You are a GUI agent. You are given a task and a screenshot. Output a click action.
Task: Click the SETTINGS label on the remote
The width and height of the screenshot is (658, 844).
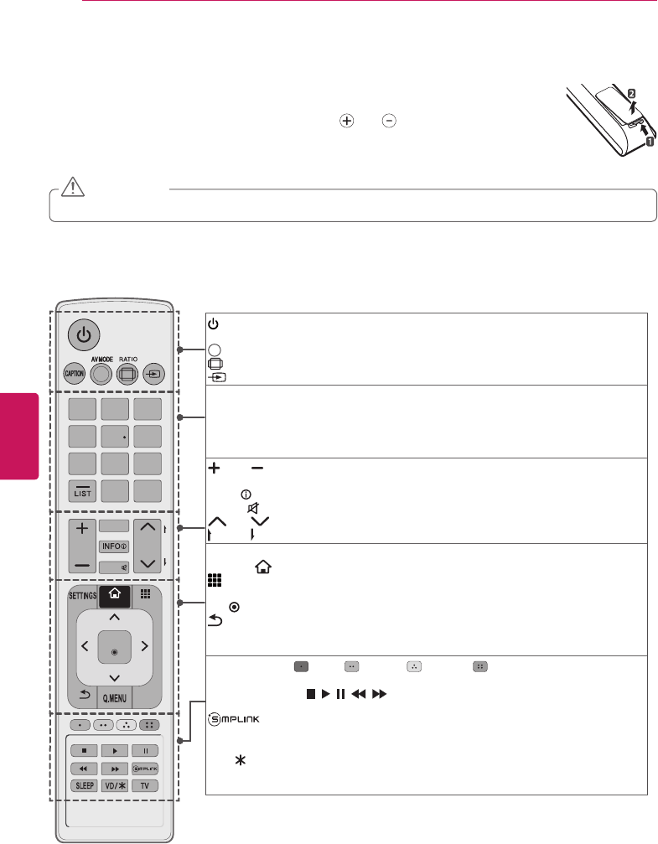82,596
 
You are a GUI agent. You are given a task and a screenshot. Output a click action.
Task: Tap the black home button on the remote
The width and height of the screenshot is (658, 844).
114,596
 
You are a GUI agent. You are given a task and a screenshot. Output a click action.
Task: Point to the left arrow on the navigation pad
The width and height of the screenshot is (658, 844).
83,646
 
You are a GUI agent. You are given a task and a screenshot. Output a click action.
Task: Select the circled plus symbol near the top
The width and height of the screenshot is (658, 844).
345,121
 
